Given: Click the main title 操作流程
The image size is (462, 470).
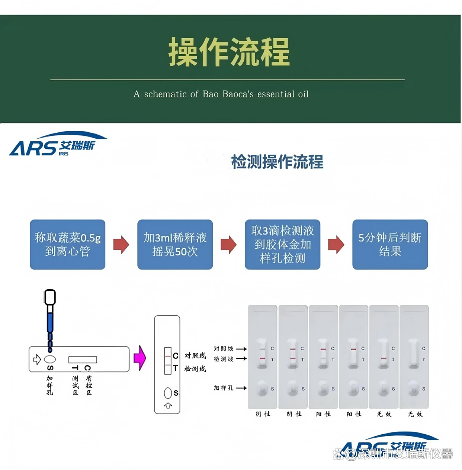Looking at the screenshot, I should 229,52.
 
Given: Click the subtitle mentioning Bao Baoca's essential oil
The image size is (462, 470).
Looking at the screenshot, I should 221,94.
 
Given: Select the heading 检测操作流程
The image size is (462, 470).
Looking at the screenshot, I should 277,162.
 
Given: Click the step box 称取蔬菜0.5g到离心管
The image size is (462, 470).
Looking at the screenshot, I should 68,244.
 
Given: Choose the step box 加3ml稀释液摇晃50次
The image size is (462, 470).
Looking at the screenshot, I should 175,244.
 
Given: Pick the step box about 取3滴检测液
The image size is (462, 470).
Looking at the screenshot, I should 282,244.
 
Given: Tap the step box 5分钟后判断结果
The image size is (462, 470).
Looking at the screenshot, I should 390,244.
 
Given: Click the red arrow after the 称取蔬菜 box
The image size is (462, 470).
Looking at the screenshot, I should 121,245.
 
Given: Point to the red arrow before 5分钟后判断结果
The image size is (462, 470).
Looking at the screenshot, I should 336,245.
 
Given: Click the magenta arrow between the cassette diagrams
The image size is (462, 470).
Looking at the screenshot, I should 140,358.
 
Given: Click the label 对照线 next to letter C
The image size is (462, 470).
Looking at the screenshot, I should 195,355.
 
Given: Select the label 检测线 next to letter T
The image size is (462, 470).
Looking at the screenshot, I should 195,369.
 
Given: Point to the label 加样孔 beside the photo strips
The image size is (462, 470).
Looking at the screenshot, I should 224,388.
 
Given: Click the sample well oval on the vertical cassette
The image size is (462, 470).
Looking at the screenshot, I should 168,393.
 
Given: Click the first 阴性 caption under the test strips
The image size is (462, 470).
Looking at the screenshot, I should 263,414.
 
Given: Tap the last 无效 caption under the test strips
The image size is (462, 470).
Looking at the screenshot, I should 415,414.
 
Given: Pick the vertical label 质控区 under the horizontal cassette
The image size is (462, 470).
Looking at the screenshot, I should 89,385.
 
